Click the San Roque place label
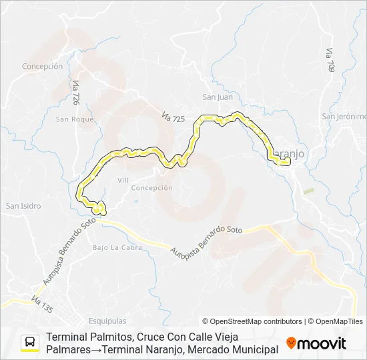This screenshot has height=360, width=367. click(x=75, y=119)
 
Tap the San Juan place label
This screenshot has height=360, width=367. click(x=218, y=97)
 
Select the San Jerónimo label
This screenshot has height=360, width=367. click(x=344, y=116)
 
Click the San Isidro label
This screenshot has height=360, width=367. click(x=23, y=206)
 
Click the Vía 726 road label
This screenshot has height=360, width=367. click(x=76, y=93)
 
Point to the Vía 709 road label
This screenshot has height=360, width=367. click(x=330, y=60)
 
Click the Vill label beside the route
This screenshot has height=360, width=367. click(x=123, y=180)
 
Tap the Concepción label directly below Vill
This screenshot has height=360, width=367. click(x=151, y=188)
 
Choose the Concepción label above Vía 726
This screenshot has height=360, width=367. click(x=42, y=67)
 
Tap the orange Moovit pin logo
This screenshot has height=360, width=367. click(x=291, y=343)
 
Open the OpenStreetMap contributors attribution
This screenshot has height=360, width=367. click(x=252, y=321)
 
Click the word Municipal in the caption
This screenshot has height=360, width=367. click(x=249, y=349)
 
